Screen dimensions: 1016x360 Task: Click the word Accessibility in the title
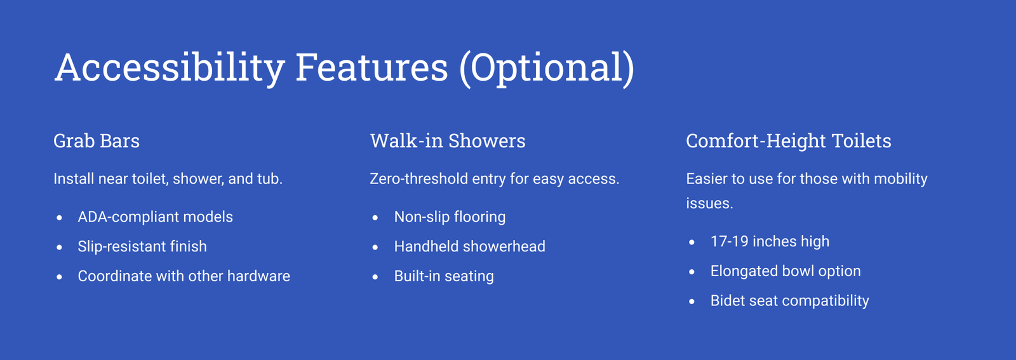pos(170,67)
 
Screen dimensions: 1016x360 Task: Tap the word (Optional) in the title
pos(547,68)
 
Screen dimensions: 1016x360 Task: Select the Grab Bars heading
pos(96,140)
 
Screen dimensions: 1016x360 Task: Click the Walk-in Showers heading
pos(448,140)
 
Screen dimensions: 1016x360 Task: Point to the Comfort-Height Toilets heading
pos(788,140)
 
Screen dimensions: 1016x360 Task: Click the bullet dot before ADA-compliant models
pos(60,218)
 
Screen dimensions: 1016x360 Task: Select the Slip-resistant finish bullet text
pos(142,246)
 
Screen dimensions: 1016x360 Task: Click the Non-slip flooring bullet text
pos(450,217)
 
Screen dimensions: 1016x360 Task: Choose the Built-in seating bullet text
pos(444,276)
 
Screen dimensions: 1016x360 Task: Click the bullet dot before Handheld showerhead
pos(375,248)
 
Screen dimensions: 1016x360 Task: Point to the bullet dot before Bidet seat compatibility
pos(692,302)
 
